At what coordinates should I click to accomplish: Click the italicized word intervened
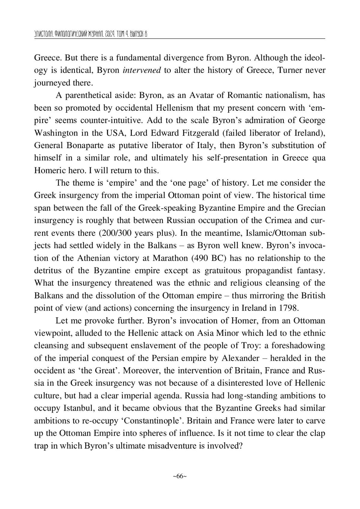[x=142, y=70]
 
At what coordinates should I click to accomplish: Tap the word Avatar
[x=201, y=95]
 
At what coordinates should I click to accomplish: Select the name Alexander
[x=240, y=358]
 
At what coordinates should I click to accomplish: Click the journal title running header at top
[x=90, y=34]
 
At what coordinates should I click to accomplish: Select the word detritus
[x=48, y=271]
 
